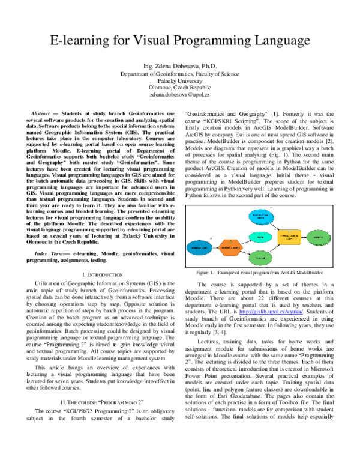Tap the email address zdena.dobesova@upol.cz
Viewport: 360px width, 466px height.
[179, 95]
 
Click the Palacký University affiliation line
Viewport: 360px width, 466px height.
[179, 80]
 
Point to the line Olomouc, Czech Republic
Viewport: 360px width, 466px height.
[179, 88]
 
